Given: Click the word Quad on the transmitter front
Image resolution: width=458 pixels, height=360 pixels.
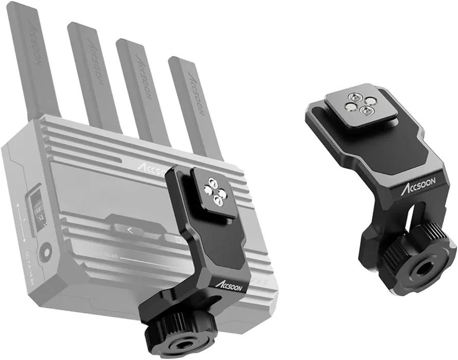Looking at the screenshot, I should tap(110, 255).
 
